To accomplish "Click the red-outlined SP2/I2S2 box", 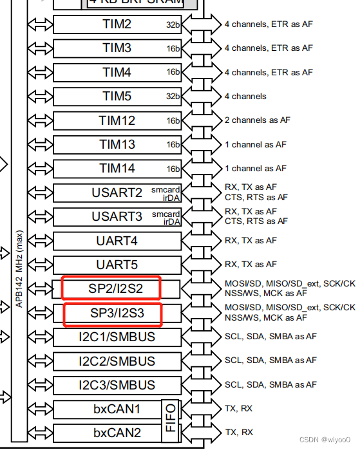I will click(111, 288).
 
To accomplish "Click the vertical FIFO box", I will click(171, 421).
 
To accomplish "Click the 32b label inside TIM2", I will click(173, 25).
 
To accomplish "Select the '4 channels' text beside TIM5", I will click(245, 97).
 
